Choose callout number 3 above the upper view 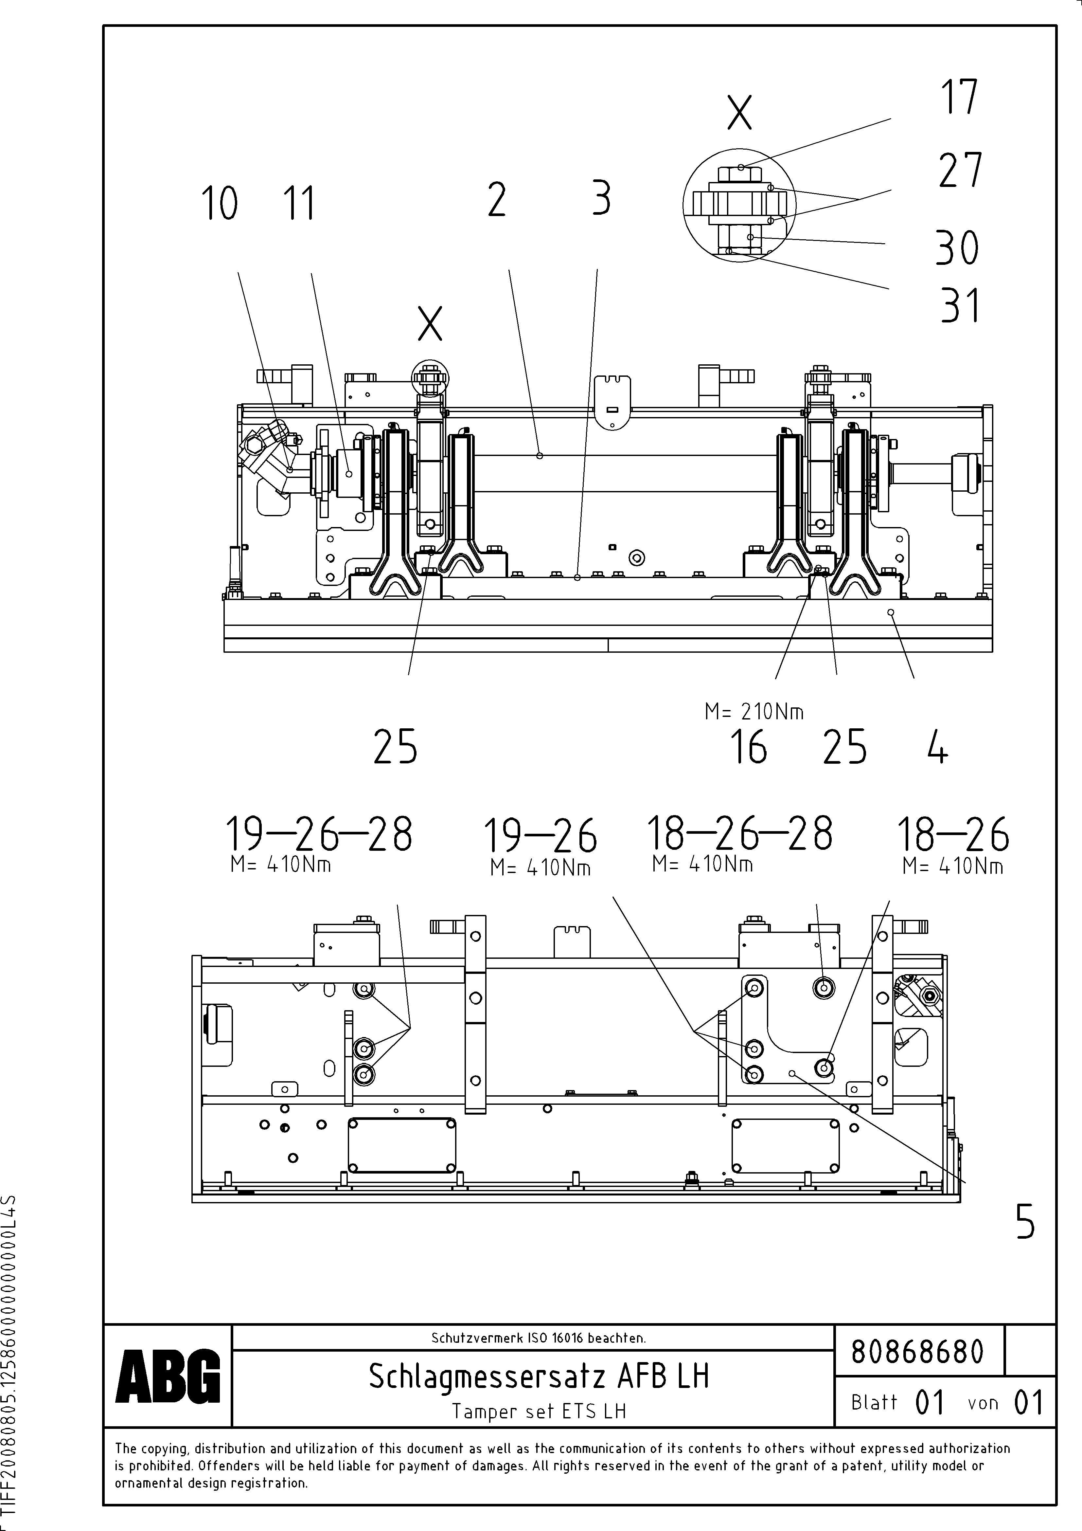(x=601, y=199)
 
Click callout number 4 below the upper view (x=937, y=748)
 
